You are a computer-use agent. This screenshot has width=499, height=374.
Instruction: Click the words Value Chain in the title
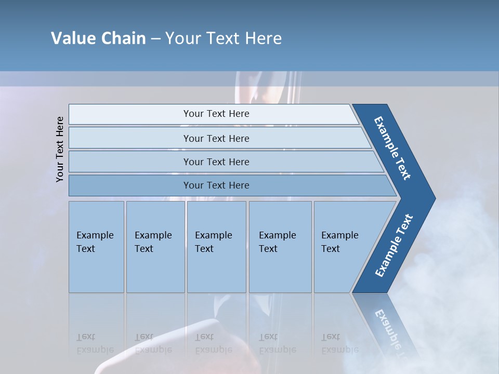pos(98,38)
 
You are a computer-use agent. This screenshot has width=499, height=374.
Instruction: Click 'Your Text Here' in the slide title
pos(224,38)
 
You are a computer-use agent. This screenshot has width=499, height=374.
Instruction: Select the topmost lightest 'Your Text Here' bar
pos(216,114)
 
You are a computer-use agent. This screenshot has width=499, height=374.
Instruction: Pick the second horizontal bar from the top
pos(216,138)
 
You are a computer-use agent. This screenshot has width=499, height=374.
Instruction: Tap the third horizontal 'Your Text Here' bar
pos(216,162)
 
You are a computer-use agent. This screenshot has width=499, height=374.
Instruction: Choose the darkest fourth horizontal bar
pos(216,185)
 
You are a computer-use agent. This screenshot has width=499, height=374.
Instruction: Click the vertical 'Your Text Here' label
pos(60,149)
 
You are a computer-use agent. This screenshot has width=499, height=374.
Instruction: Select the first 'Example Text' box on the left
pos(96,246)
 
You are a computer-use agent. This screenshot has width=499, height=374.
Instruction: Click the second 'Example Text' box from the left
pos(155,246)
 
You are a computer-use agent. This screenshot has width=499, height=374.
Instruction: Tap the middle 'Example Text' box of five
pos(216,246)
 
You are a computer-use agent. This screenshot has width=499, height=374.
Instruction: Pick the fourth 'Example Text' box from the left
pos(280,246)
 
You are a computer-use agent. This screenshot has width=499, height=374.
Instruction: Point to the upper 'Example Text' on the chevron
pos(393,148)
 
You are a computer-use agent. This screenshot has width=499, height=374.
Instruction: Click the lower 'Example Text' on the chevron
pos(393,245)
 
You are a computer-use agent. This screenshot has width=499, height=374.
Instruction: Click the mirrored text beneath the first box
pos(95,343)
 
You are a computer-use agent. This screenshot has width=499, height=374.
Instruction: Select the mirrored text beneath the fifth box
pos(340,343)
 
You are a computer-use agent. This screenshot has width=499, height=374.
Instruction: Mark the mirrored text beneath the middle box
pos(214,343)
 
